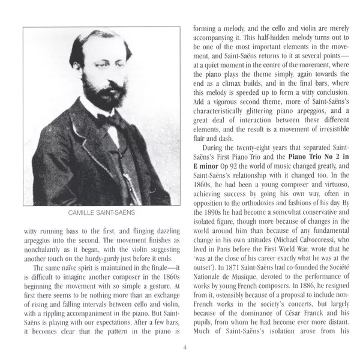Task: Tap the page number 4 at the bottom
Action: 185,347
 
